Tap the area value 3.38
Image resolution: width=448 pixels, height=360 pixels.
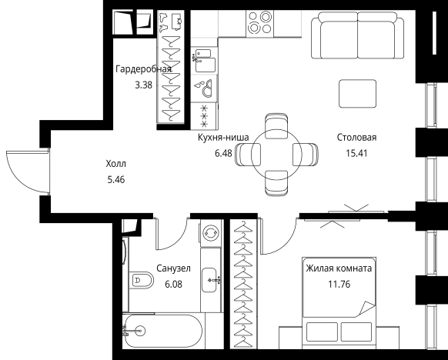click(143, 85)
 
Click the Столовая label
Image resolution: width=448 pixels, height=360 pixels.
click(356, 138)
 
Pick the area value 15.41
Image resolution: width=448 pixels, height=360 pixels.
click(356, 152)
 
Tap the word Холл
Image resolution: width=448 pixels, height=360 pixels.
click(115, 164)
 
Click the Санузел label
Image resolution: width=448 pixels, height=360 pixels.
click(173, 268)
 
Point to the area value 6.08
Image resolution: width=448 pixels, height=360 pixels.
click(173, 283)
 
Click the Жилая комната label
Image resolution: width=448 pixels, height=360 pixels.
click(339, 268)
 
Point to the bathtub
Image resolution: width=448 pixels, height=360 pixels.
click(162, 332)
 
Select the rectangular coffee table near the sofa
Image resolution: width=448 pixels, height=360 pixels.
click(359, 95)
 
